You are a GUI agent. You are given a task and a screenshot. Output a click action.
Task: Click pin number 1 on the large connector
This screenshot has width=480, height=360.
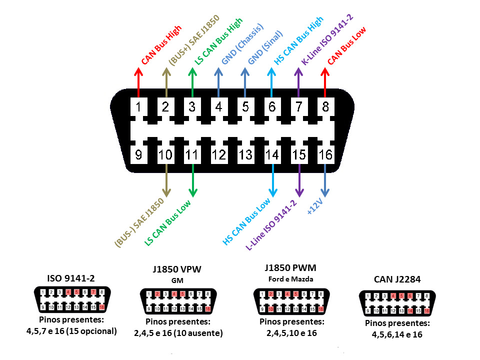pyautogui.click(x=138, y=106)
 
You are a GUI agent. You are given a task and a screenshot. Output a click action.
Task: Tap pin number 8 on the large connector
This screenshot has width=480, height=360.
pyautogui.click(x=325, y=106)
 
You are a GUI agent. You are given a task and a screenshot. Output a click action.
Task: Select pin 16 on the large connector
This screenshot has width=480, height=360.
pyautogui.click(x=325, y=155)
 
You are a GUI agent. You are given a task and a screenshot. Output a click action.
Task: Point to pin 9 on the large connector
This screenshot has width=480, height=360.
pyautogui.click(x=138, y=155)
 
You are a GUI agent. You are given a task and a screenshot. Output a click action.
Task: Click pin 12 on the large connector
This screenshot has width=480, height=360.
pyautogui.click(x=218, y=155)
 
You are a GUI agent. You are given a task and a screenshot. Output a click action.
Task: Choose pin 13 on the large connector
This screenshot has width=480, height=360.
pyautogui.click(x=245, y=155)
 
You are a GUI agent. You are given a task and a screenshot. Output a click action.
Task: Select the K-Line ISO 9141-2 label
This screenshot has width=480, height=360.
pyautogui.click(x=327, y=39)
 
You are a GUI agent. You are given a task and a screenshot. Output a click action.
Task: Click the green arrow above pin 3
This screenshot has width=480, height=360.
pyautogui.click(x=192, y=80)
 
